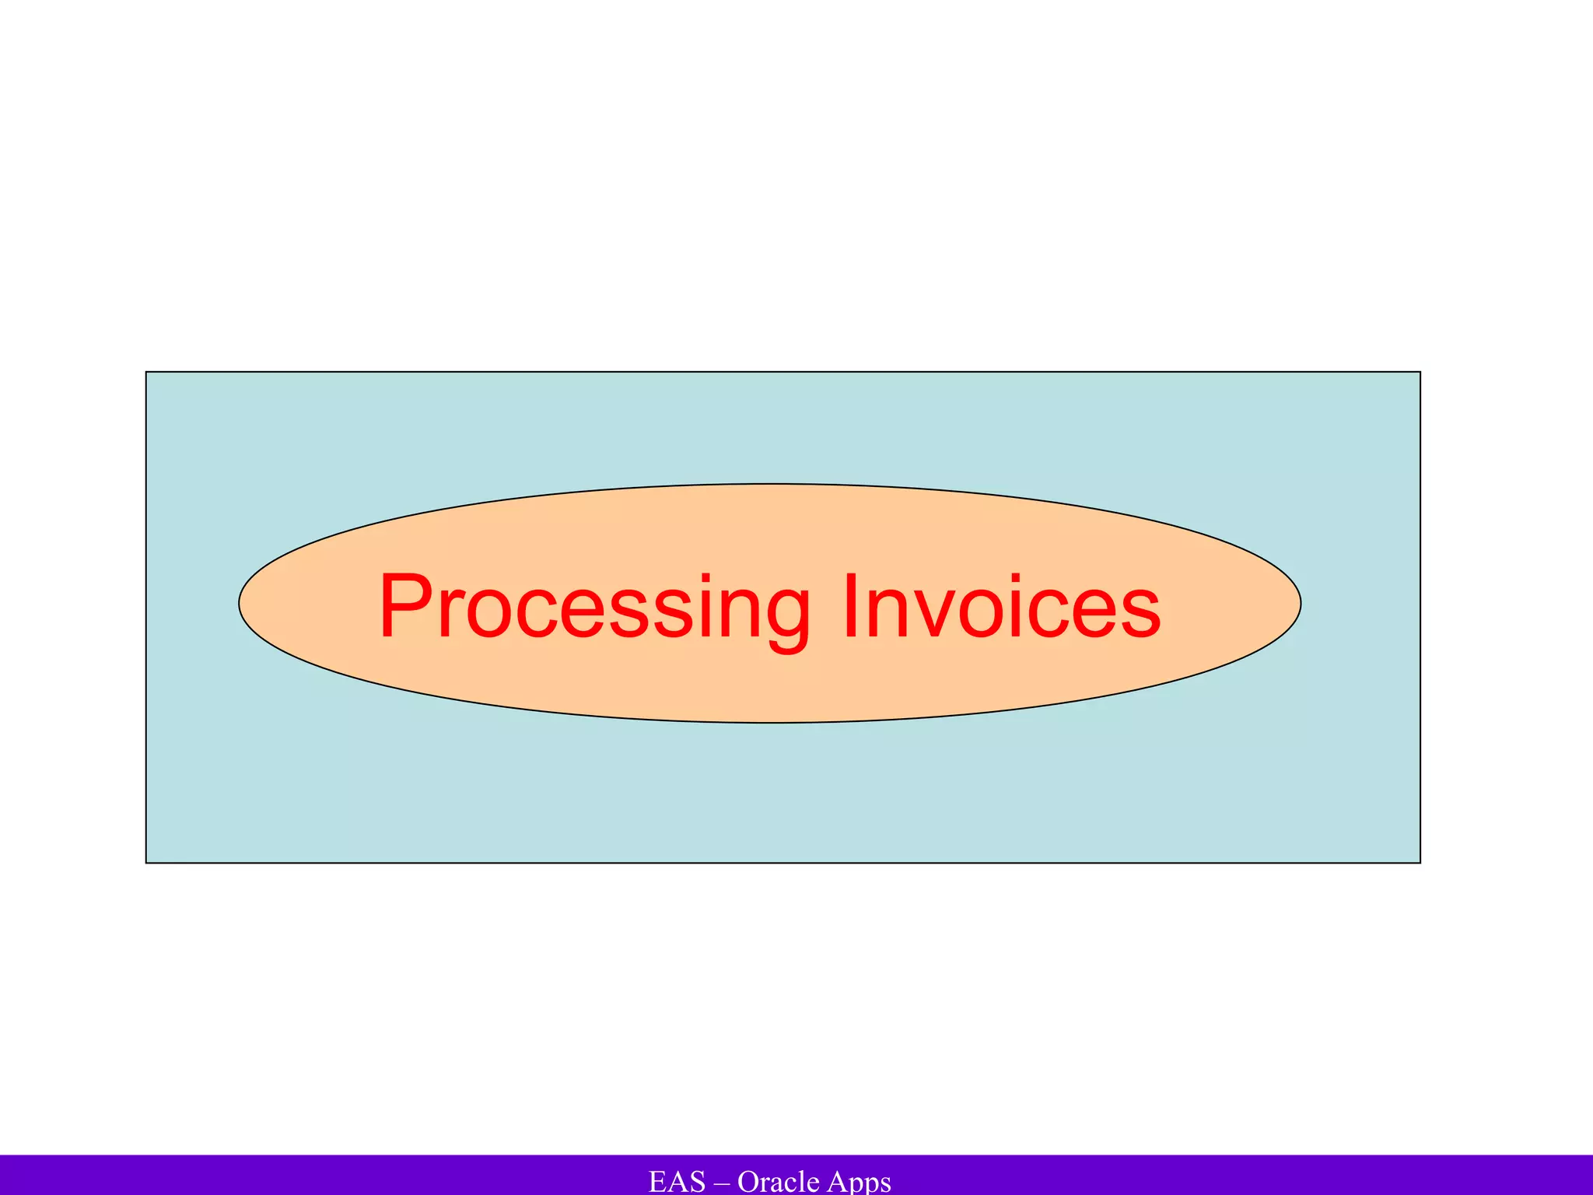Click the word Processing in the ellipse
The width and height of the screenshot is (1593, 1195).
click(x=595, y=607)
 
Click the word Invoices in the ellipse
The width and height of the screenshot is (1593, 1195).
click(x=1002, y=607)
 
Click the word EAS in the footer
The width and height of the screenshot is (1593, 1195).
click(x=677, y=1181)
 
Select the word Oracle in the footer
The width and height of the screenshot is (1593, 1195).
click(x=778, y=1181)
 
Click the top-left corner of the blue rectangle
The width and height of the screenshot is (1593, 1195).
click(x=146, y=372)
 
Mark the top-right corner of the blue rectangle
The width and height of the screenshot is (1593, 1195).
click(x=1420, y=372)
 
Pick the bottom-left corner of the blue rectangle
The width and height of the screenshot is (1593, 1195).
click(x=146, y=863)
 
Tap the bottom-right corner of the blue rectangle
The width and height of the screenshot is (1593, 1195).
click(x=1420, y=863)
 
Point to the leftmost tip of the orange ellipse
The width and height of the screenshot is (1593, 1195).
click(x=240, y=603)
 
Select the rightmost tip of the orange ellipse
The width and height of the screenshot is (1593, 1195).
click(x=1301, y=603)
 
